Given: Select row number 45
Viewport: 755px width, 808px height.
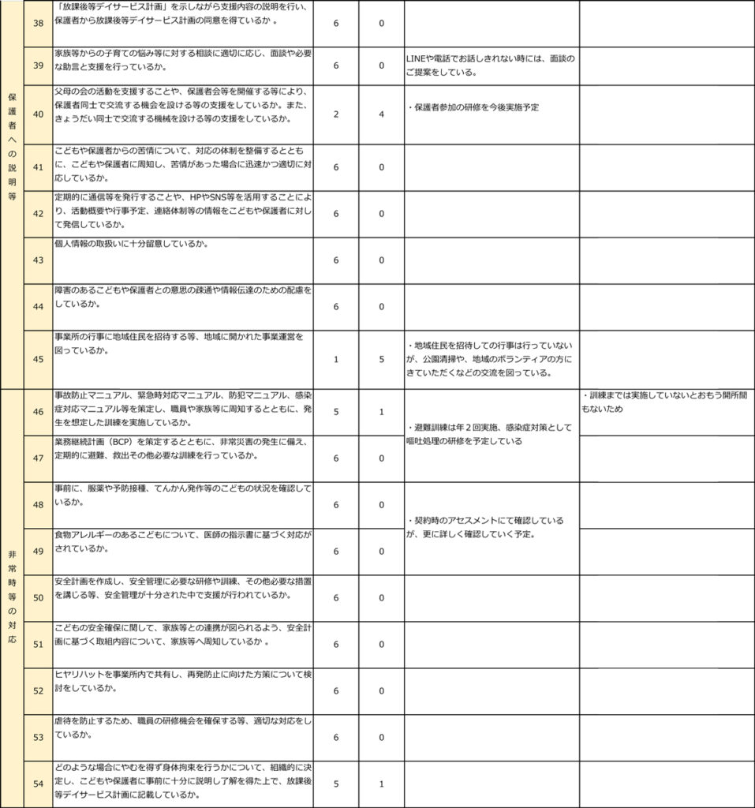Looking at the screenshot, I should pyautogui.click(x=39, y=359).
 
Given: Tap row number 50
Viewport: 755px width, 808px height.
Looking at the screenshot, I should pyautogui.click(x=39, y=597).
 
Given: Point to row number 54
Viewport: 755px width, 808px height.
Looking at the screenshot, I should pyautogui.click(x=39, y=784).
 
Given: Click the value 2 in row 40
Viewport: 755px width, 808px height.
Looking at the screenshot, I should pyautogui.click(x=336, y=114).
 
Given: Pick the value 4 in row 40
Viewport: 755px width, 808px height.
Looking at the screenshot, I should pyautogui.click(x=382, y=114).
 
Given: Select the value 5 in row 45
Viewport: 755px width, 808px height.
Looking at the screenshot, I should pyautogui.click(x=382, y=359).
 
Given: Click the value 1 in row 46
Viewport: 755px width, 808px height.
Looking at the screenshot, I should pyautogui.click(x=382, y=411).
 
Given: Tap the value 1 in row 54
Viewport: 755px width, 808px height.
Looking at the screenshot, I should pyautogui.click(x=382, y=784).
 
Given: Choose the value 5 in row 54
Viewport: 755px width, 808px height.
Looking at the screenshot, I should pyautogui.click(x=336, y=784).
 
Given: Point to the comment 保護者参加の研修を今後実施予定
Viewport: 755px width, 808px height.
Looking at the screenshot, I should pyautogui.click(x=477, y=107).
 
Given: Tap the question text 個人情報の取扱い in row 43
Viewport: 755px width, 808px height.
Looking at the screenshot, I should pyautogui.click(x=92, y=244).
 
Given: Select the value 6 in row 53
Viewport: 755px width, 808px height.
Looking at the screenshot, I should pyautogui.click(x=336, y=737).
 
